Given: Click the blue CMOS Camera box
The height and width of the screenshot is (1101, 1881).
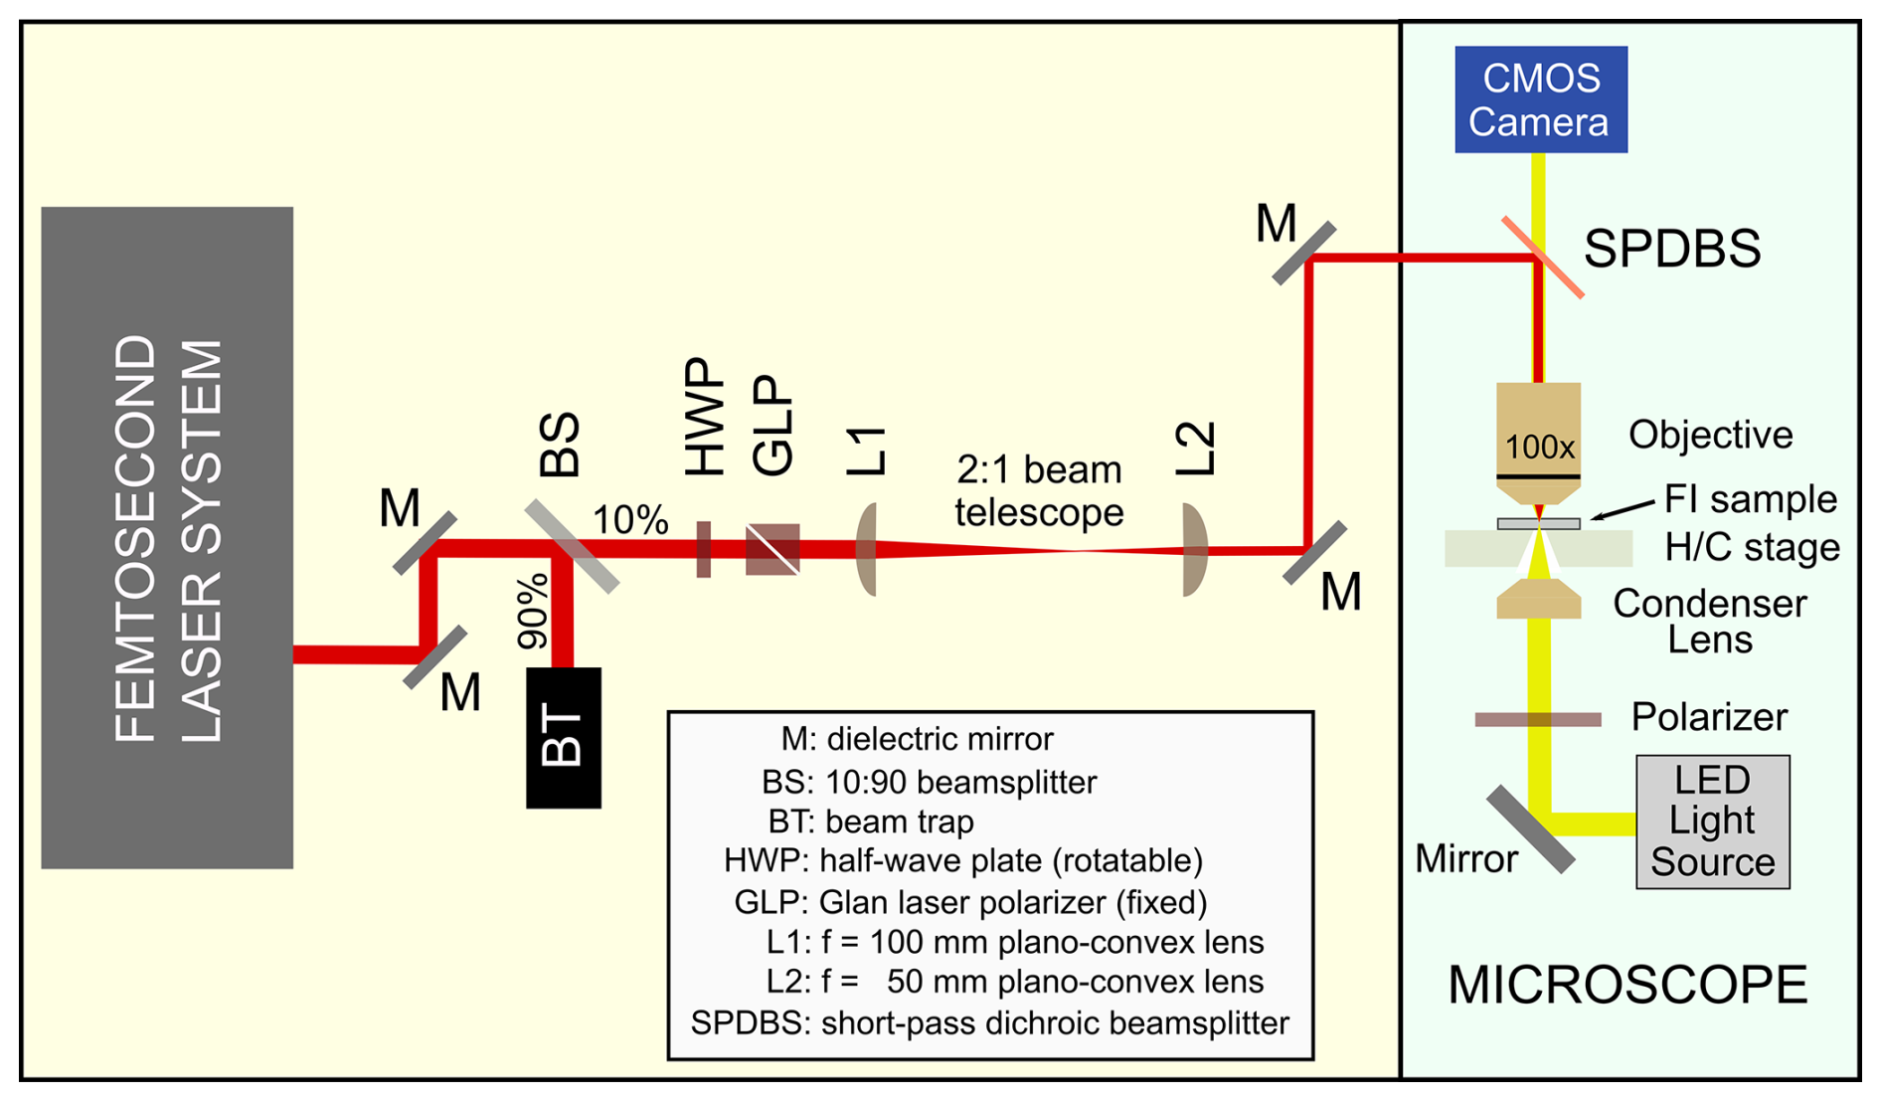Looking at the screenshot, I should (1540, 99).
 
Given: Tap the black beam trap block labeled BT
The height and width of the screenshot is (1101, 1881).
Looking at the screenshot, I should (563, 737).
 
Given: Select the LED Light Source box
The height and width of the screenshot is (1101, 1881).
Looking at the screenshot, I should (1712, 822).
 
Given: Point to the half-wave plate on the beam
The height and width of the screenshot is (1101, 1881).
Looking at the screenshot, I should (704, 549).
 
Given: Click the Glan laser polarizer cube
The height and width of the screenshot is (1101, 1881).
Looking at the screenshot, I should (772, 549).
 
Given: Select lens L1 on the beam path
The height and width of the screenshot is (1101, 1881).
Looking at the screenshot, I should (867, 549).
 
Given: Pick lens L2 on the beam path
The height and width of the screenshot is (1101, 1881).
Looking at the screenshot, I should (1194, 549).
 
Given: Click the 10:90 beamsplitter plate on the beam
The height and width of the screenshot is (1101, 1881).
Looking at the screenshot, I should (572, 546).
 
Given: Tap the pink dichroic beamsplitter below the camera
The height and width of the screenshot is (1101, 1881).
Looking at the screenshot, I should (1542, 258).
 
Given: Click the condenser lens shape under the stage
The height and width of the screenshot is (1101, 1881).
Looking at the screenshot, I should (1538, 600).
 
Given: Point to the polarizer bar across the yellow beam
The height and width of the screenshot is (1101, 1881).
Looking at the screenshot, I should (1537, 719).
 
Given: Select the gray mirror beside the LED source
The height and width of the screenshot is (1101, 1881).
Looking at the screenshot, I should (1530, 829).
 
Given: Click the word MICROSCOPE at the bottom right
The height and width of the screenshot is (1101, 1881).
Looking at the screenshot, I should (1627, 985).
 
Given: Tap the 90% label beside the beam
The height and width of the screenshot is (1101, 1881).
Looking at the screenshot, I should (533, 611).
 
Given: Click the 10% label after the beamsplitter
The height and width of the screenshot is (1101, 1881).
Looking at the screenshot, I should (630, 519).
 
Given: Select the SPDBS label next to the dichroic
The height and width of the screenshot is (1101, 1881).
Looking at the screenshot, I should (1671, 249).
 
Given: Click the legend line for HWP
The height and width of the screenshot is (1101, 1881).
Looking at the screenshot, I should (962, 860).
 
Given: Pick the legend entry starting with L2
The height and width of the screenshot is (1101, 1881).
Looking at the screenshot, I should (1014, 982).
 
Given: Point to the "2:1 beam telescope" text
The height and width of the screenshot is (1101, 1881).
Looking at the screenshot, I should (1039, 490).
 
